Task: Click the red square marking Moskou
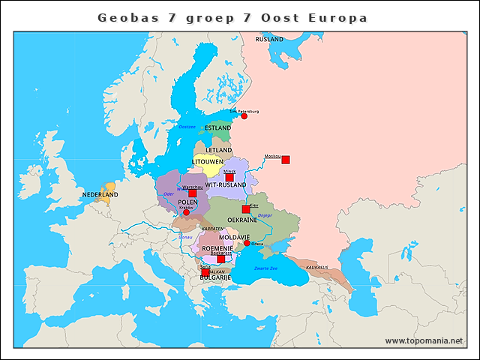[285, 160]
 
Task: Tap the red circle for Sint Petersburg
[244, 116]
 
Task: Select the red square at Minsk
[229, 177]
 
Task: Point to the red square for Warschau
[192, 193]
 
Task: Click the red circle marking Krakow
[186, 212]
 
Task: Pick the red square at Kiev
[246, 209]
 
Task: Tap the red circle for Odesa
[247, 243]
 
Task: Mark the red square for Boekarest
[220, 259]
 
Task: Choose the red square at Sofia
[205, 271]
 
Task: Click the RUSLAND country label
[269, 39]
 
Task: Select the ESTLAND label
[217, 128]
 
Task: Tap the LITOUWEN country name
[208, 161]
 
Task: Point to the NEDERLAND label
[100, 195]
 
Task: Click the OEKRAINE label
[242, 220]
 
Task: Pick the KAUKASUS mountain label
[317, 266]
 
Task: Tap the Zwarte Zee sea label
[265, 268]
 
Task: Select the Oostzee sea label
[187, 127]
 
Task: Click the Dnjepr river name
[265, 215]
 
